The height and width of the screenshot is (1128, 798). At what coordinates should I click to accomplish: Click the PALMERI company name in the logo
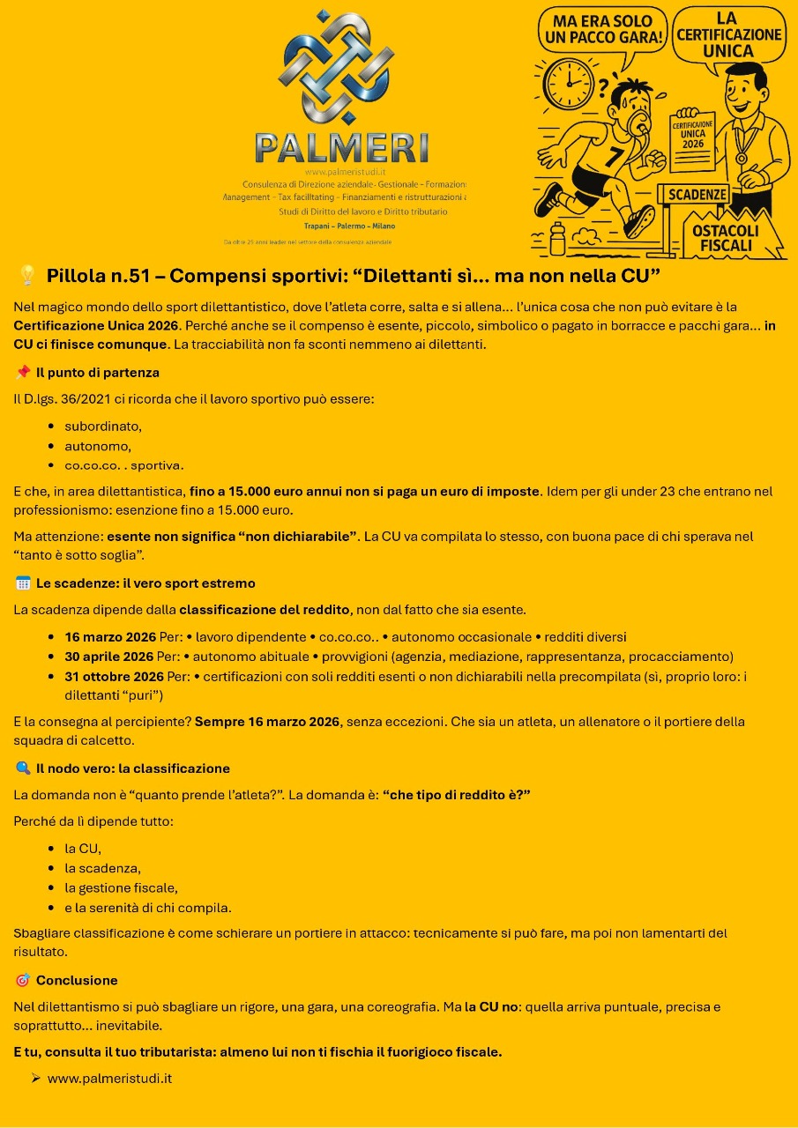[x=341, y=146]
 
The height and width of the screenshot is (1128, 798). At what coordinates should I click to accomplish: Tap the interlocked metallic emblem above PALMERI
[x=336, y=67]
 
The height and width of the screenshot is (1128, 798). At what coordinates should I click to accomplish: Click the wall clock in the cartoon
[x=569, y=85]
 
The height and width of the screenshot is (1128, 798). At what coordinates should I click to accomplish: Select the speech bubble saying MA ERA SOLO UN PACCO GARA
[x=601, y=31]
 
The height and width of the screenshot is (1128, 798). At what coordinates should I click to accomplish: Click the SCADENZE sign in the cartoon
[x=697, y=194]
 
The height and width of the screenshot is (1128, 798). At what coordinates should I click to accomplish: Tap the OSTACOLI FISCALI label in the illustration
[x=725, y=237]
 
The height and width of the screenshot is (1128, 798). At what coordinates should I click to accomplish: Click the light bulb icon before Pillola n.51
[x=26, y=276]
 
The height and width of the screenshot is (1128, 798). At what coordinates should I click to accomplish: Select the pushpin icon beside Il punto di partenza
[x=22, y=372]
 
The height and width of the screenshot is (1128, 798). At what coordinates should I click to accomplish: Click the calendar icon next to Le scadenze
[x=22, y=583]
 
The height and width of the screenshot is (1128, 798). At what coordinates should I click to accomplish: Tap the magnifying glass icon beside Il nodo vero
[x=22, y=768]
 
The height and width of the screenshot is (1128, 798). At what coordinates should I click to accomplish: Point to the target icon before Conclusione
[x=22, y=980]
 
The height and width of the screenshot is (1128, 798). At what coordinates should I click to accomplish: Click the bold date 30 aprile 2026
[x=108, y=657]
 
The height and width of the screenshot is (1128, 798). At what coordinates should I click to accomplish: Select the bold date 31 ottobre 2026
[x=114, y=677]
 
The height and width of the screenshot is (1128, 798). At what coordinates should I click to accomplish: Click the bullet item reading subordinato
[x=102, y=427]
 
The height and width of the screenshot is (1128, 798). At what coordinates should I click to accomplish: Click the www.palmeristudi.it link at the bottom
[x=109, y=1079]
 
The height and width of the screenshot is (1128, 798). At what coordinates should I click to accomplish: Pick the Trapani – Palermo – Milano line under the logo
[x=343, y=226]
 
